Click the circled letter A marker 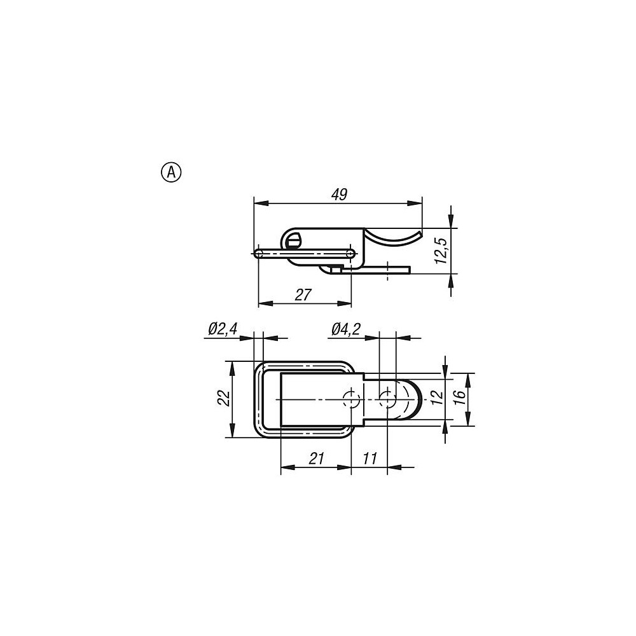point(172,172)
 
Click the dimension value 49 point(339,195)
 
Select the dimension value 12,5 point(441,251)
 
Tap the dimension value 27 point(303,295)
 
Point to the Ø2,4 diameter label point(223,329)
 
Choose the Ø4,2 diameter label point(346,329)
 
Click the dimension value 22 point(223,398)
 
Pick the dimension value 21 point(316,459)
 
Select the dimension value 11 point(370,459)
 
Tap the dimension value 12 point(437,397)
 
